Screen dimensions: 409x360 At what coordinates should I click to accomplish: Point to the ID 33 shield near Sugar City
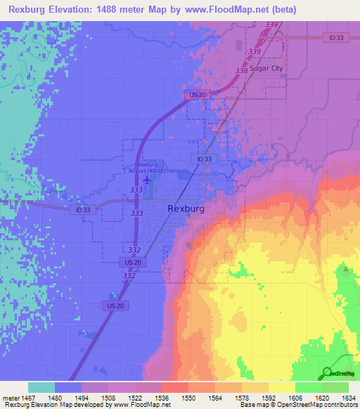click(x=336, y=37)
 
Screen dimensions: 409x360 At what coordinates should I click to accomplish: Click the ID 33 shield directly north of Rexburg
click(x=204, y=160)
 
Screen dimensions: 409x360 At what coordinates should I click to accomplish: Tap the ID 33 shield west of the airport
click(x=82, y=209)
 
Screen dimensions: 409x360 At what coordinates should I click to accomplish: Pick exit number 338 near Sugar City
click(x=241, y=71)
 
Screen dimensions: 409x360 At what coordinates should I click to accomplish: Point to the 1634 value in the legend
click(x=349, y=397)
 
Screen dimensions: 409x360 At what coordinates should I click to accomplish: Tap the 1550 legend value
click(x=188, y=397)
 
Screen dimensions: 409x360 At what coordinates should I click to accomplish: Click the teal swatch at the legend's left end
click(x=41, y=387)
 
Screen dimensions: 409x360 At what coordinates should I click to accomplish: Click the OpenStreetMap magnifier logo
click(x=328, y=372)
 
